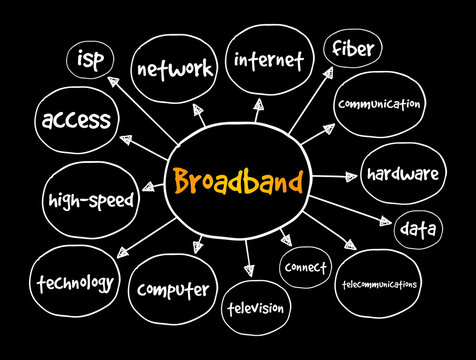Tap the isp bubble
94,60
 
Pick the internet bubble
268,59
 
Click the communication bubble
380,104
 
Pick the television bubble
254,307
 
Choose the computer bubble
173,290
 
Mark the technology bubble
74,283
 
